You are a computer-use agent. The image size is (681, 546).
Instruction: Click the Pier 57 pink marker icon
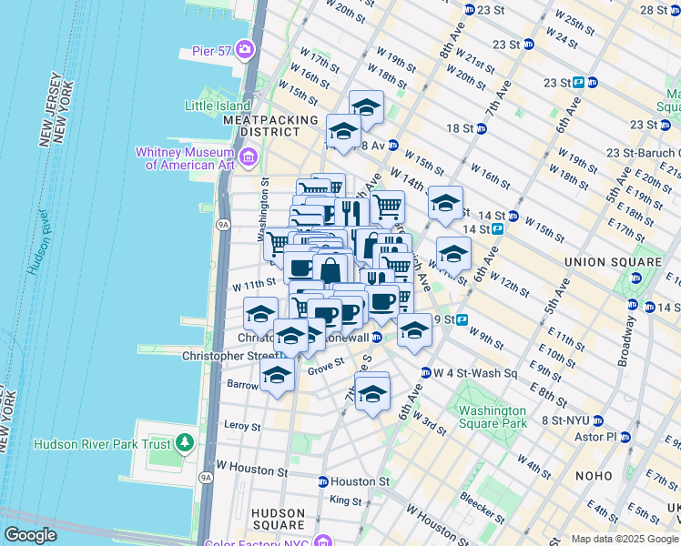(x=244, y=48)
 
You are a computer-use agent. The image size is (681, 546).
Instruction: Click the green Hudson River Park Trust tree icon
(x=187, y=443)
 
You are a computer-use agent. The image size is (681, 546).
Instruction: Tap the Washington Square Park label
(x=492, y=417)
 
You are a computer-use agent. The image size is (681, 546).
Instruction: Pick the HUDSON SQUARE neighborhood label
(x=278, y=519)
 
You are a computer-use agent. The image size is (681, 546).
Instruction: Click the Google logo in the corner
(x=30, y=535)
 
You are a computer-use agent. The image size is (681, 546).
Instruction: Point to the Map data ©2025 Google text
(x=625, y=539)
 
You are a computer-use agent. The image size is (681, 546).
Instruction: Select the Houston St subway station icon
(x=322, y=481)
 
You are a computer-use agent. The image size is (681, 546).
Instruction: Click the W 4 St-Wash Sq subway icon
(x=424, y=372)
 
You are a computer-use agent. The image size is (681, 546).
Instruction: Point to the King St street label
(x=345, y=500)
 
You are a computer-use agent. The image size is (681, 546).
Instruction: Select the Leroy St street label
(x=242, y=425)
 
